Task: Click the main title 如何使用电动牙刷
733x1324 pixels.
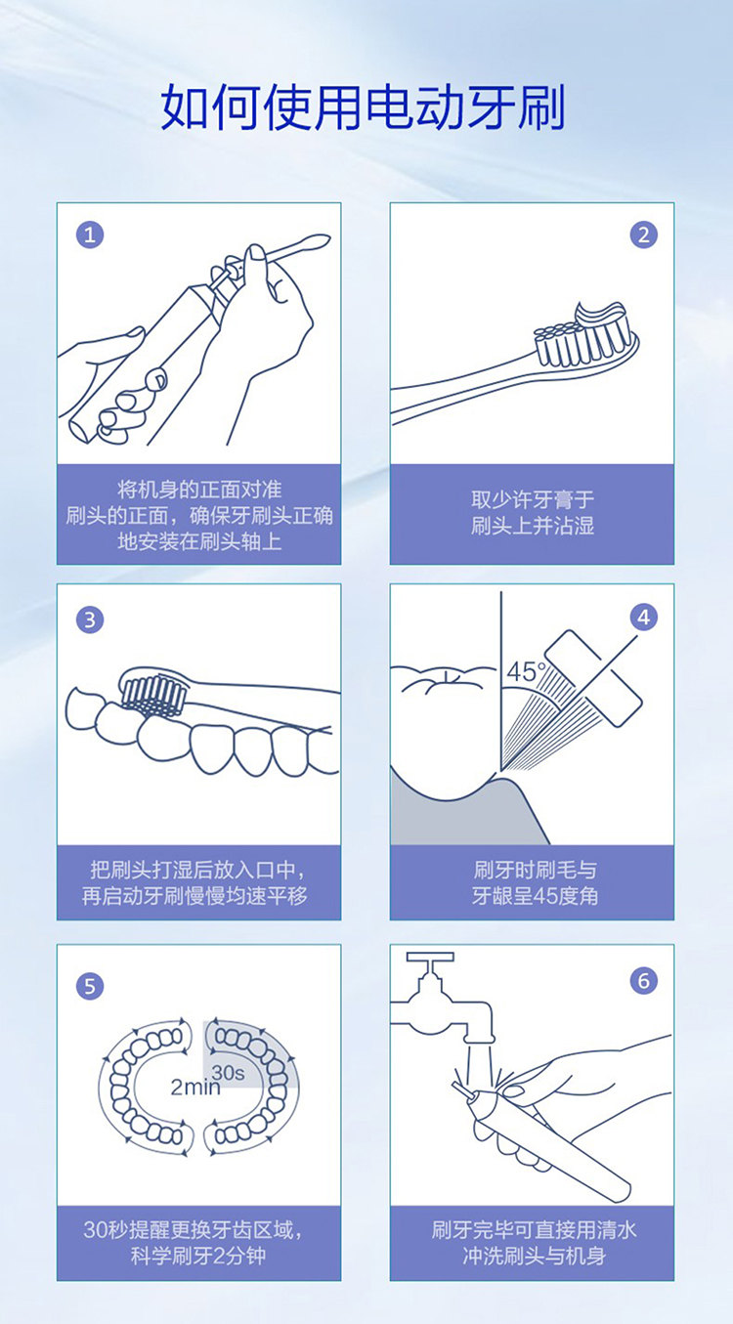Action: (363, 107)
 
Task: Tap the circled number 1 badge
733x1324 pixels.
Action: (90, 235)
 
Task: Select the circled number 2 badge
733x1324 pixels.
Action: (644, 235)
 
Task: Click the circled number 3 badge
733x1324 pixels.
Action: (90, 619)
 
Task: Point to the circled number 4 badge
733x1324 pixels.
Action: (644, 618)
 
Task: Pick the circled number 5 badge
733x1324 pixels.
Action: (90, 986)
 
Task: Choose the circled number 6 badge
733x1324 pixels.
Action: (644, 981)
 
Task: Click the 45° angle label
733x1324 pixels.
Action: (526, 672)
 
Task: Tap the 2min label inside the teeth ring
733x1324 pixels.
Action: (195, 1087)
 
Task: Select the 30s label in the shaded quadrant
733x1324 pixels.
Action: (228, 1072)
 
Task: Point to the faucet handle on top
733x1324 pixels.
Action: (430, 957)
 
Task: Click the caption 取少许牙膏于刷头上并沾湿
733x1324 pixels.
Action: (533, 512)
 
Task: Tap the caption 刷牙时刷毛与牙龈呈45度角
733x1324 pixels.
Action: (535, 882)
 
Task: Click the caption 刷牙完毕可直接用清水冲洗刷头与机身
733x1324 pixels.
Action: (534, 1243)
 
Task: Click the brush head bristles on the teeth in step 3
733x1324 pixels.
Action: (153, 696)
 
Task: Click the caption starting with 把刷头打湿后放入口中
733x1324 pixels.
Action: (194, 882)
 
